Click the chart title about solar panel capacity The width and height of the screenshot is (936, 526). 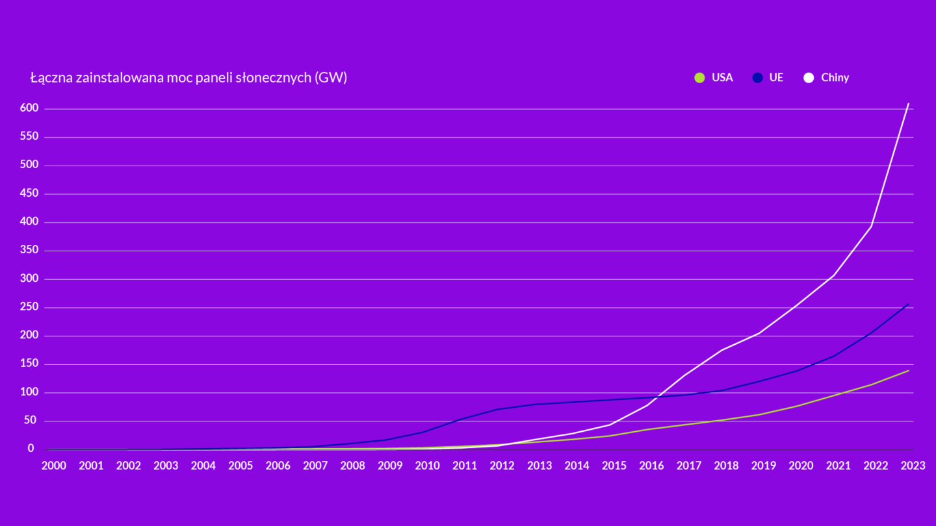click(x=188, y=78)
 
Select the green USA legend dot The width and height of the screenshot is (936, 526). click(x=699, y=78)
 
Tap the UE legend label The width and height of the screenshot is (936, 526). click(x=776, y=78)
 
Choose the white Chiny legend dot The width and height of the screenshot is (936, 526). click(x=809, y=78)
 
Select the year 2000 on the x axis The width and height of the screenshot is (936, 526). click(x=54, y=466)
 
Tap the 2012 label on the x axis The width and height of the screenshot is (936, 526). click(x=502, y=466)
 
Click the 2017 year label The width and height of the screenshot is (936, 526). click(x=689, y=466)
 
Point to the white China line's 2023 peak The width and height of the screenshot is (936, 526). click(x=908, y=103)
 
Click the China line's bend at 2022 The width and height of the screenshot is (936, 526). click(x=871, y=226)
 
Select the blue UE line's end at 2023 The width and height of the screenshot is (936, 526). click(x=908, y=304)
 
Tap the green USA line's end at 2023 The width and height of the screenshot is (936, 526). click(x=908, y=371)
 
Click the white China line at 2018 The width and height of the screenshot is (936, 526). click(x=722, y=350)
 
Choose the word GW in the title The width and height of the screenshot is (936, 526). click(x=330, y=78)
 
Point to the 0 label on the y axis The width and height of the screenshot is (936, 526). click(x=31, y=449)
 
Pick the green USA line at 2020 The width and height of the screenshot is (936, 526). click(x=797, y=406)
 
